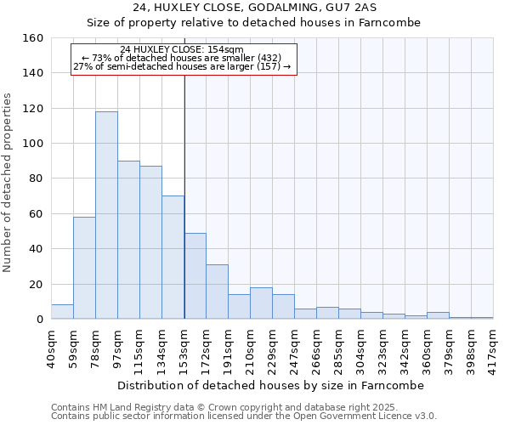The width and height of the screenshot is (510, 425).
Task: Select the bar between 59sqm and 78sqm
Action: click(84, 268)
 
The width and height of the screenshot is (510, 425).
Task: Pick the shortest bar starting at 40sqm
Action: click(62, 312)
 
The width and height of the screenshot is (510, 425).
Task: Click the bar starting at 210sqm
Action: click(261, 303)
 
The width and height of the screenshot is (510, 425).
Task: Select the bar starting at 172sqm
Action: click(217, 292)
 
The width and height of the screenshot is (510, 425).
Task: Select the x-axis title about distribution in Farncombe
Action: click(270, 385)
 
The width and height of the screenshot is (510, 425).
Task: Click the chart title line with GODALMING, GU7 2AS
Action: click(254, 8)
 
